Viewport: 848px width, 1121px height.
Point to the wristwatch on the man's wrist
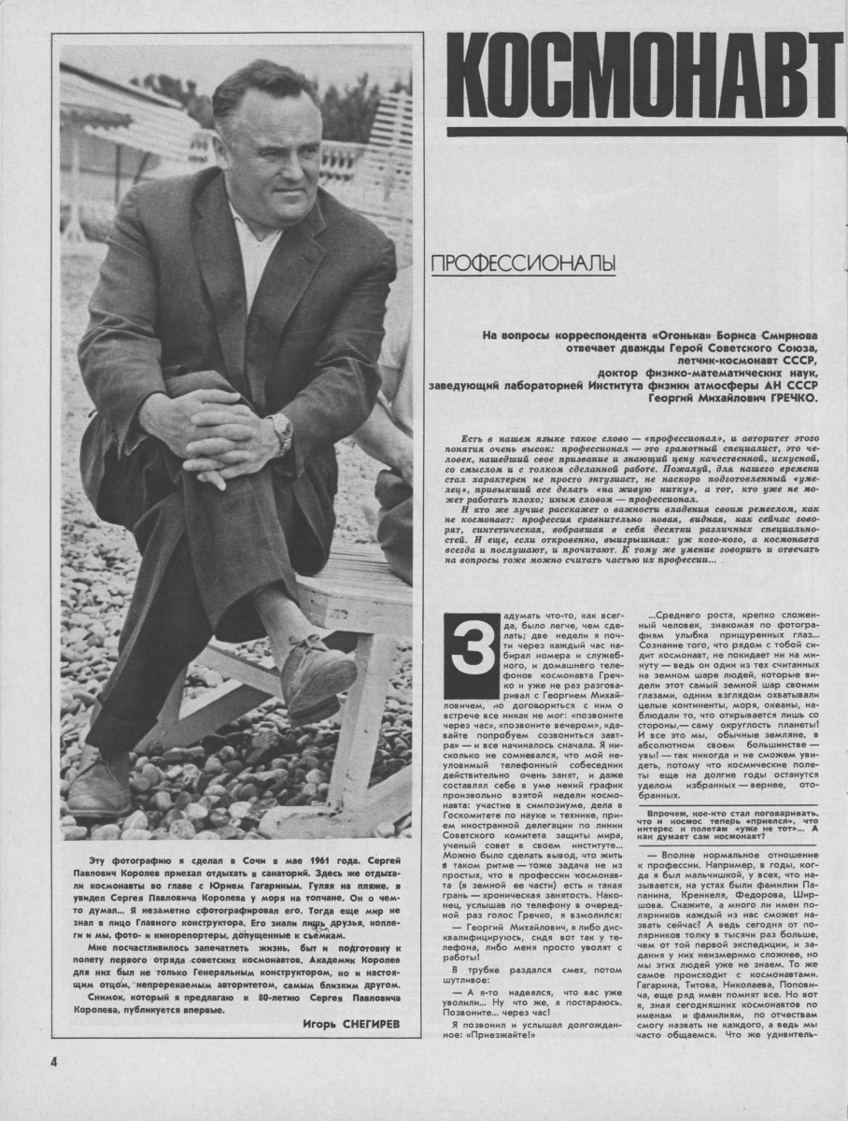(279, 432)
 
